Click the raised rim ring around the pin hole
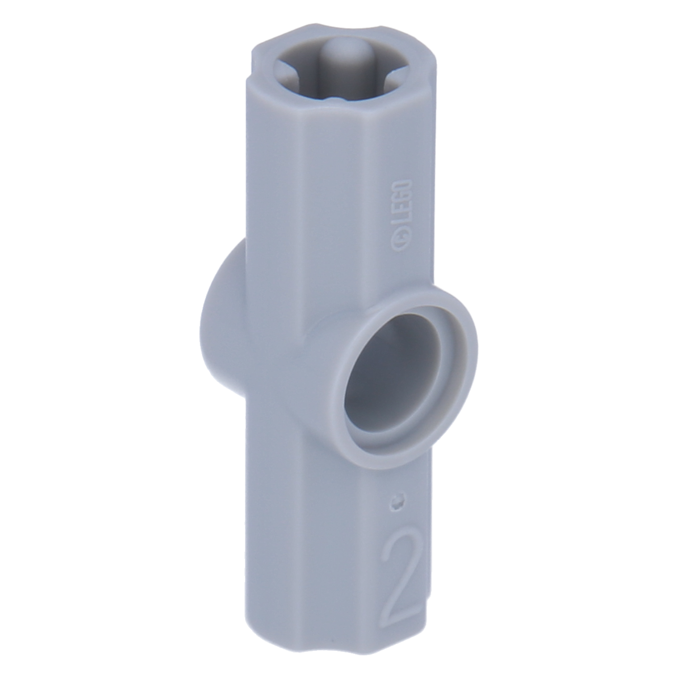[x=452, y=344]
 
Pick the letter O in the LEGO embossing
[x=402, y=185]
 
